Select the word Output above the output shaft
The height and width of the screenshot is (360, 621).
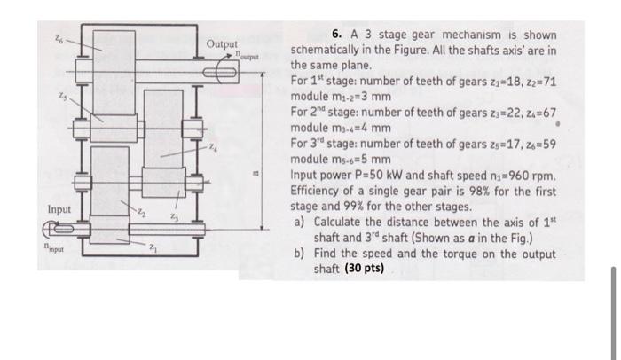coord(222,44)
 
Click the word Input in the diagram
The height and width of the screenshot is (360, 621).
coord(60,210)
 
